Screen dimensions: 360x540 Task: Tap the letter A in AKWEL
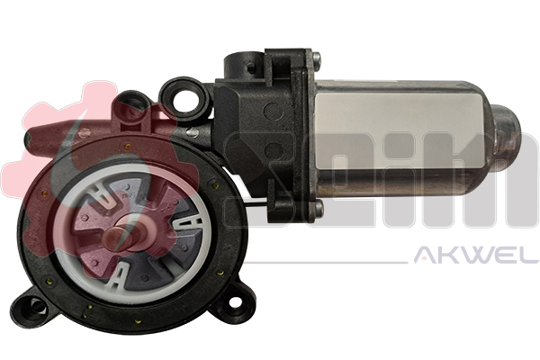[x=422, y=257]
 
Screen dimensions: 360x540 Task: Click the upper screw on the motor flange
[x=316, y=59]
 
